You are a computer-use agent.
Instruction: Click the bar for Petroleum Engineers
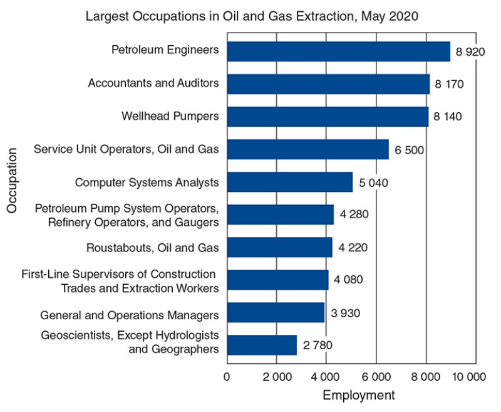(x=338, y=51)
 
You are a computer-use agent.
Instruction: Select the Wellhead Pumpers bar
(x=328, y=117)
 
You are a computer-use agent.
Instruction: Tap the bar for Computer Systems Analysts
(x=290, y=182)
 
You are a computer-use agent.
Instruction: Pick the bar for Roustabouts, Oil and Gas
(x=279, y=247)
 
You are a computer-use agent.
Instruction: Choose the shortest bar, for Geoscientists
(x=262, y=344)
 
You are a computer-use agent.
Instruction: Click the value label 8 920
(x=470, y=51)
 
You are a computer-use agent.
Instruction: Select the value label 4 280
(x=354, y=214)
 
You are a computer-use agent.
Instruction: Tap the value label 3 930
(x=344, y=312)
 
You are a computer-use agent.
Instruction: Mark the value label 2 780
(x=317, y=344)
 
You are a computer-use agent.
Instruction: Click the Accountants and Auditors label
(x=153, y=83)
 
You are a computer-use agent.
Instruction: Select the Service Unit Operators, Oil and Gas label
(x=127, y=149)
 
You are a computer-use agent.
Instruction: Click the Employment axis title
(x=358, y=395)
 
